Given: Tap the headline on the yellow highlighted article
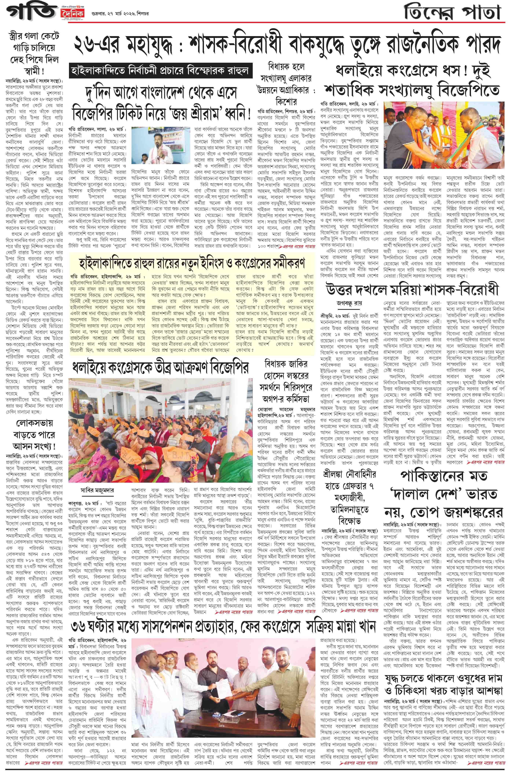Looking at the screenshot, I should point(192,264).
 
